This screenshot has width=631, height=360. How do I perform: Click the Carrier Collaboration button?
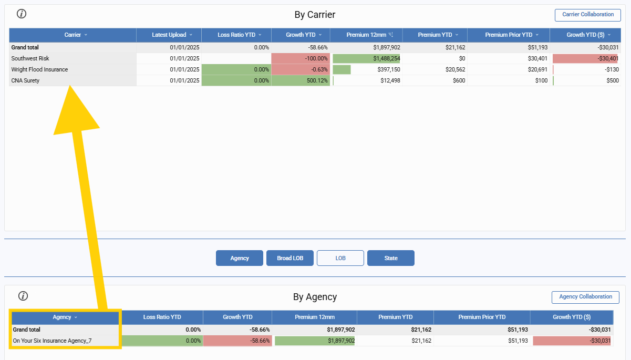587,15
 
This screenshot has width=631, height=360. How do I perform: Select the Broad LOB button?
290,258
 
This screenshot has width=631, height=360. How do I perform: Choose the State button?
390,258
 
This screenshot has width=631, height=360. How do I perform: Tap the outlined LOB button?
340,258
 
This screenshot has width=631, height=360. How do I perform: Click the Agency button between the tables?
239,258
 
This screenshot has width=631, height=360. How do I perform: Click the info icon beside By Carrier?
22,14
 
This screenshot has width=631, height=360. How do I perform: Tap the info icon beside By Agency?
23,296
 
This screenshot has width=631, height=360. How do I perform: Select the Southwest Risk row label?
30,58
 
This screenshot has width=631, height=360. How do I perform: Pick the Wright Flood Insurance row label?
39,69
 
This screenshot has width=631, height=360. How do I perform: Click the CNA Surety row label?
25,80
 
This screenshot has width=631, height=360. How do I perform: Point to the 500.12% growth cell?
301,80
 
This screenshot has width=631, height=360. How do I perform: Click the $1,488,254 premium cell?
367,58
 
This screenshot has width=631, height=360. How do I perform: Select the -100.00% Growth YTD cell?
301,58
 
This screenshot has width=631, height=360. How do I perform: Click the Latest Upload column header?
169,35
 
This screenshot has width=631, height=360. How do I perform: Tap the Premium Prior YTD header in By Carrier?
508,35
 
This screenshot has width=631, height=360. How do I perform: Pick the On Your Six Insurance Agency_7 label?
52,341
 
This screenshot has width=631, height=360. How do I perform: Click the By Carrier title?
315,15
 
